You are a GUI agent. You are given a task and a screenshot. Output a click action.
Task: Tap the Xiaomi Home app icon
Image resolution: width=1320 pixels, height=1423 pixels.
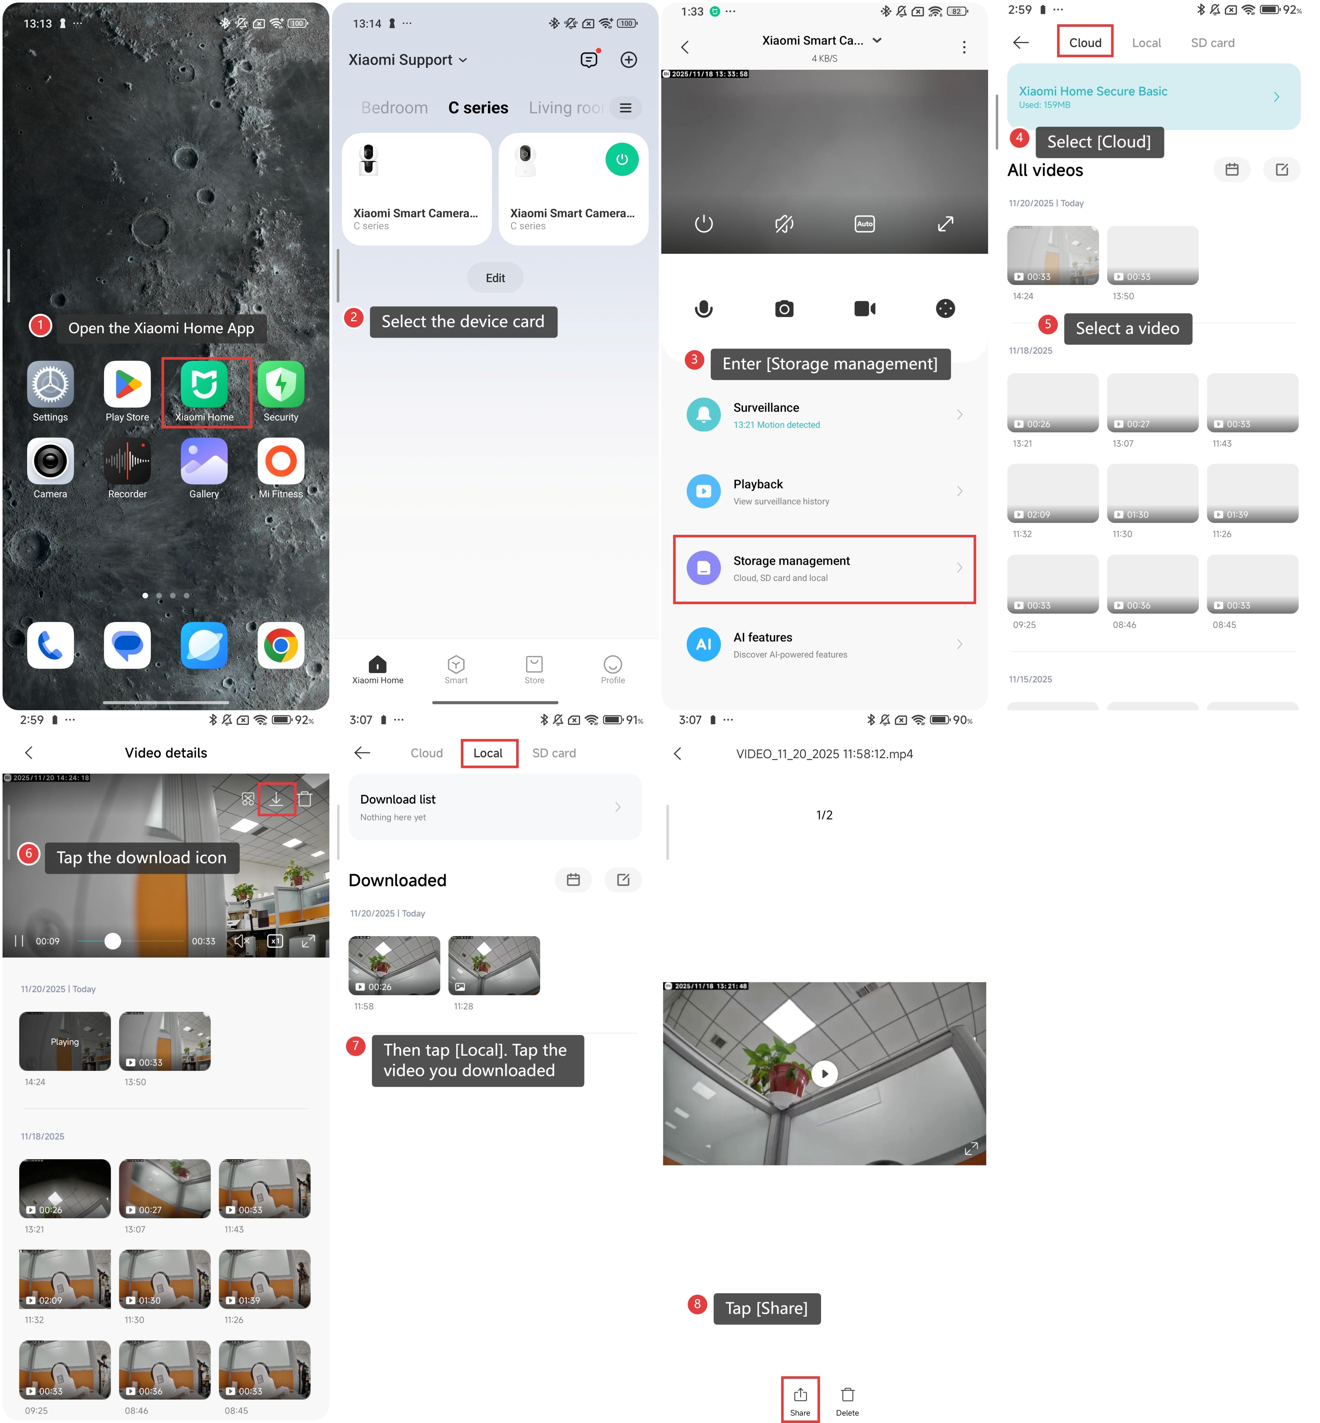click(x=204, y=384)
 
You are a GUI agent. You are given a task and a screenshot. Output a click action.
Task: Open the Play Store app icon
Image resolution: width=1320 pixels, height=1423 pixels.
click(x=127, y=384)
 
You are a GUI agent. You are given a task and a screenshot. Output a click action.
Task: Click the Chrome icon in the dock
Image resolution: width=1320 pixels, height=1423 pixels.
click(x=281, y=645)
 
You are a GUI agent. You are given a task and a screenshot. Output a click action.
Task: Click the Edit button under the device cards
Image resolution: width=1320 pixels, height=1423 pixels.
click(x=495, y=278)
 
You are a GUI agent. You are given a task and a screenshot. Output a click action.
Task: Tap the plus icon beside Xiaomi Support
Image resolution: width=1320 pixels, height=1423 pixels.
click(x=629, y=60)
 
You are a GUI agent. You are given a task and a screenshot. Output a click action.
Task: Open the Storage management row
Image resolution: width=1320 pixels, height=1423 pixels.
click(x=824, y=569)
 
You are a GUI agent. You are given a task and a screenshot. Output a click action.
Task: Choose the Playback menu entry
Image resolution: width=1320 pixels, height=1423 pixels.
click(x=824, y=491)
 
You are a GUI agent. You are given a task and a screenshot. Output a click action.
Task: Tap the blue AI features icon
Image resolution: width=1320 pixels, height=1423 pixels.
click(x=704, y=644)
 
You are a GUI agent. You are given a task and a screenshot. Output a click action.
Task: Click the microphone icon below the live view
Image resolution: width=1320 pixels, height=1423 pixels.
click(x=704, y=309)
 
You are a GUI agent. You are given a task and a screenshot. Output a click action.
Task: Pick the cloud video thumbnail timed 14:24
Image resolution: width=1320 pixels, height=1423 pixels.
click(x=1053, y=255)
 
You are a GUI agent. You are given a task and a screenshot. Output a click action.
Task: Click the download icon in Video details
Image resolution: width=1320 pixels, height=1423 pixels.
click(x=277, y=799)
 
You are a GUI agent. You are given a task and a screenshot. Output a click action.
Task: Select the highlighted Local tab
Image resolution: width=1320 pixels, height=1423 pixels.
click(x=489, y=753)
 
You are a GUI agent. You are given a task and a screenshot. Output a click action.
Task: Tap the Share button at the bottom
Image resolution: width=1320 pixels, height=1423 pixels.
click(x=800, y=1400)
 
